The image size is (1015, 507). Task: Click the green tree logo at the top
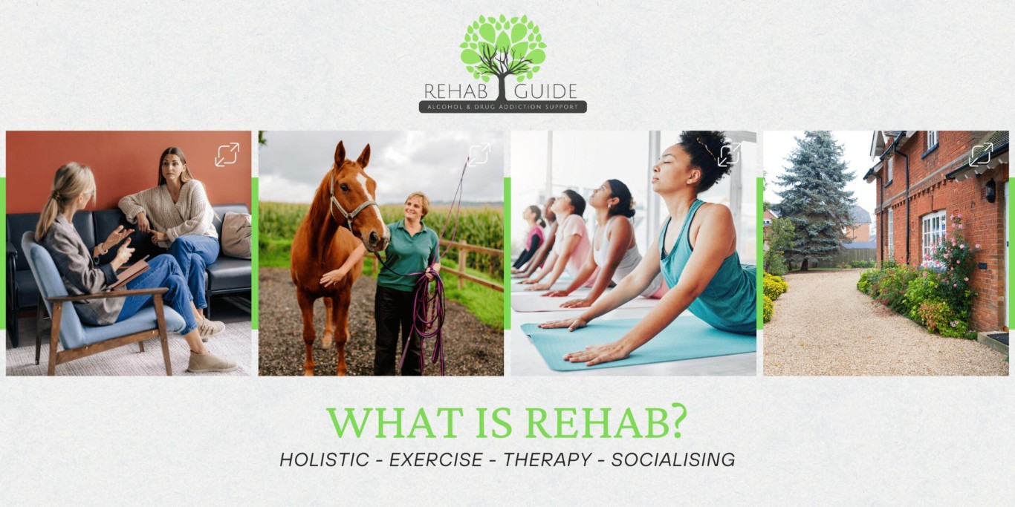(x=503, y=48)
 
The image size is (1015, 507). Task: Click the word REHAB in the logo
(x=456, y=91)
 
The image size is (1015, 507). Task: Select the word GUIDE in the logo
(x=546, y=91)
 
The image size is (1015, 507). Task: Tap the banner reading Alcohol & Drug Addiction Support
(x=503, y=107)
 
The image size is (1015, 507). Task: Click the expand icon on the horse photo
(x=479, y=154)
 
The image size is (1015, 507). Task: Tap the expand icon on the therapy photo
(x=227, y=154)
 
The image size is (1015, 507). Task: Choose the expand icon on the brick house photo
(x=981, y=154)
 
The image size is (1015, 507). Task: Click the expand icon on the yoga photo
(x=729, y=154)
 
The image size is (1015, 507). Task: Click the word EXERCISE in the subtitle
(x=436, y=459)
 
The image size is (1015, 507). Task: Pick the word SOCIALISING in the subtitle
(x=673, y=459)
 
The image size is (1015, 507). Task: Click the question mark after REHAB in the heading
(x=677, y=422)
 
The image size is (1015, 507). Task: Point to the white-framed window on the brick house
(x=933, y=236)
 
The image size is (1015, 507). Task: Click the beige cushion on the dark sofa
(x=236, y=235)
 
